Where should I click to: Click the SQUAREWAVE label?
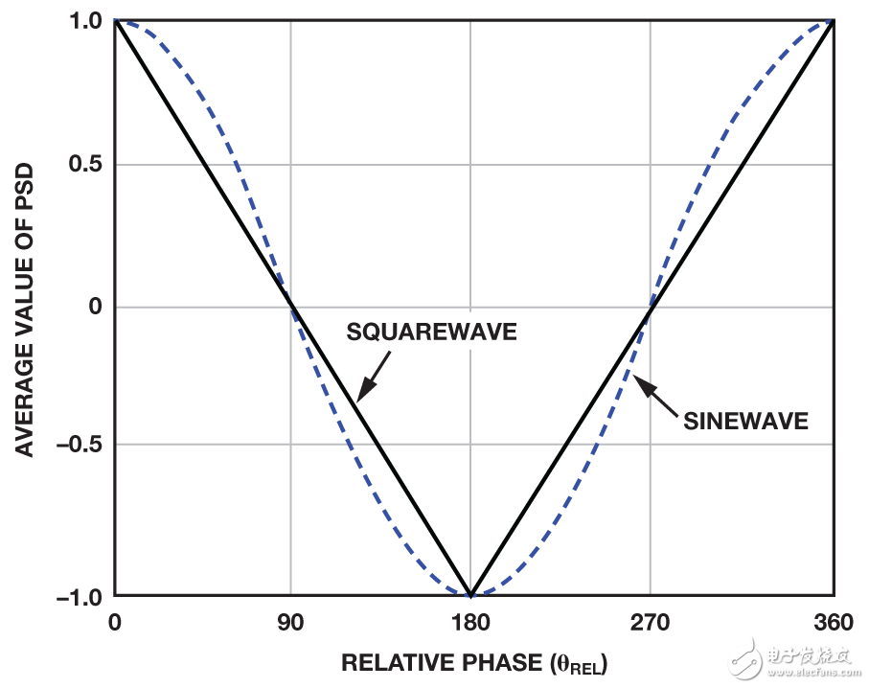click(431, 333)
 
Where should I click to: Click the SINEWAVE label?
click(745, 422)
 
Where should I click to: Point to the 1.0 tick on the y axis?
click(87, 20)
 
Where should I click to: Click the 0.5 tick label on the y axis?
click(87, 164)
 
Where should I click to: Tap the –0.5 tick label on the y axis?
click(82, 445)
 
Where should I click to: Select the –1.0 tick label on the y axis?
click(82, 596)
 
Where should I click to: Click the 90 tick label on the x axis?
click(290, 623)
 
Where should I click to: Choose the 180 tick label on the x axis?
click(469, 623)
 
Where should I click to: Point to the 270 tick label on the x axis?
click(650, 623)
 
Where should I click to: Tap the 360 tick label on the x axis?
click(833, 623)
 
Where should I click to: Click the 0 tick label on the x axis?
click(115, 623)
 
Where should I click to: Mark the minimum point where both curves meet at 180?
click(469, 595)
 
